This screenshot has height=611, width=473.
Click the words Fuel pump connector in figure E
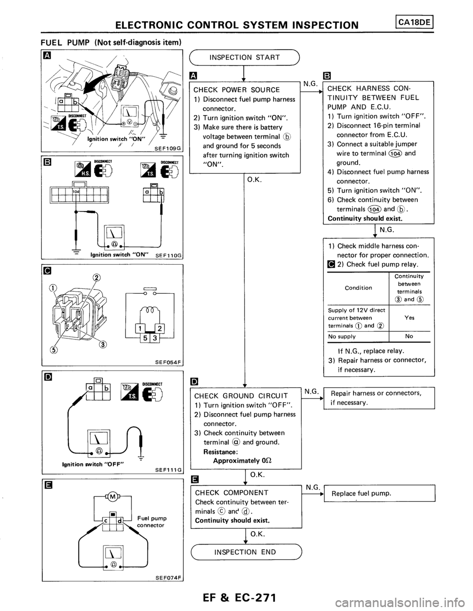pyautogui.click(x=155, y=521)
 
